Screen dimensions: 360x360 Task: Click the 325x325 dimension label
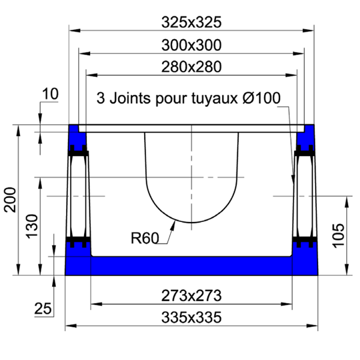192,22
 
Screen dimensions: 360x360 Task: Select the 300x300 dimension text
192,45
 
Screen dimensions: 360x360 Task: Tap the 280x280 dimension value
192,67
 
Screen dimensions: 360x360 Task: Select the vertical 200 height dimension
10,199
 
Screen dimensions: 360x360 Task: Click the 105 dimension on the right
338,236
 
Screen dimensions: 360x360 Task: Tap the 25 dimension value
43,309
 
